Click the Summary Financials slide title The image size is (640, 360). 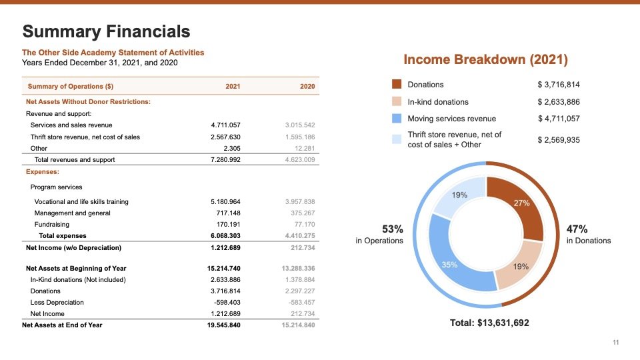tap(106, 31)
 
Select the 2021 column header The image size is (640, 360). tap(233, 87)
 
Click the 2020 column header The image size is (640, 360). tap(307, 87)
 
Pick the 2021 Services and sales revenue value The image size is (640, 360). tap(225, 125)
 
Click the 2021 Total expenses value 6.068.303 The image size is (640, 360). tap(225, 236)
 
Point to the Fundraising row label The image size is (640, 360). tap(52, 225)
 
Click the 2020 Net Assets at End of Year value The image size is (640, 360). tap(299, 325)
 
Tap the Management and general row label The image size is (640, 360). tap(73, 213)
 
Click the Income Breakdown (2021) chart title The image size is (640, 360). tap(486, 60)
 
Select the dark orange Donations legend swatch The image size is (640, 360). tap(397, 85)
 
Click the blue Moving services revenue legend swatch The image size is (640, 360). tap(397, 119)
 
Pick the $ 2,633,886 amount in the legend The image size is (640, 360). tap(559, 102)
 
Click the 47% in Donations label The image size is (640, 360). tap(588, 234)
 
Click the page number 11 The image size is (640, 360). tap(616, 343)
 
